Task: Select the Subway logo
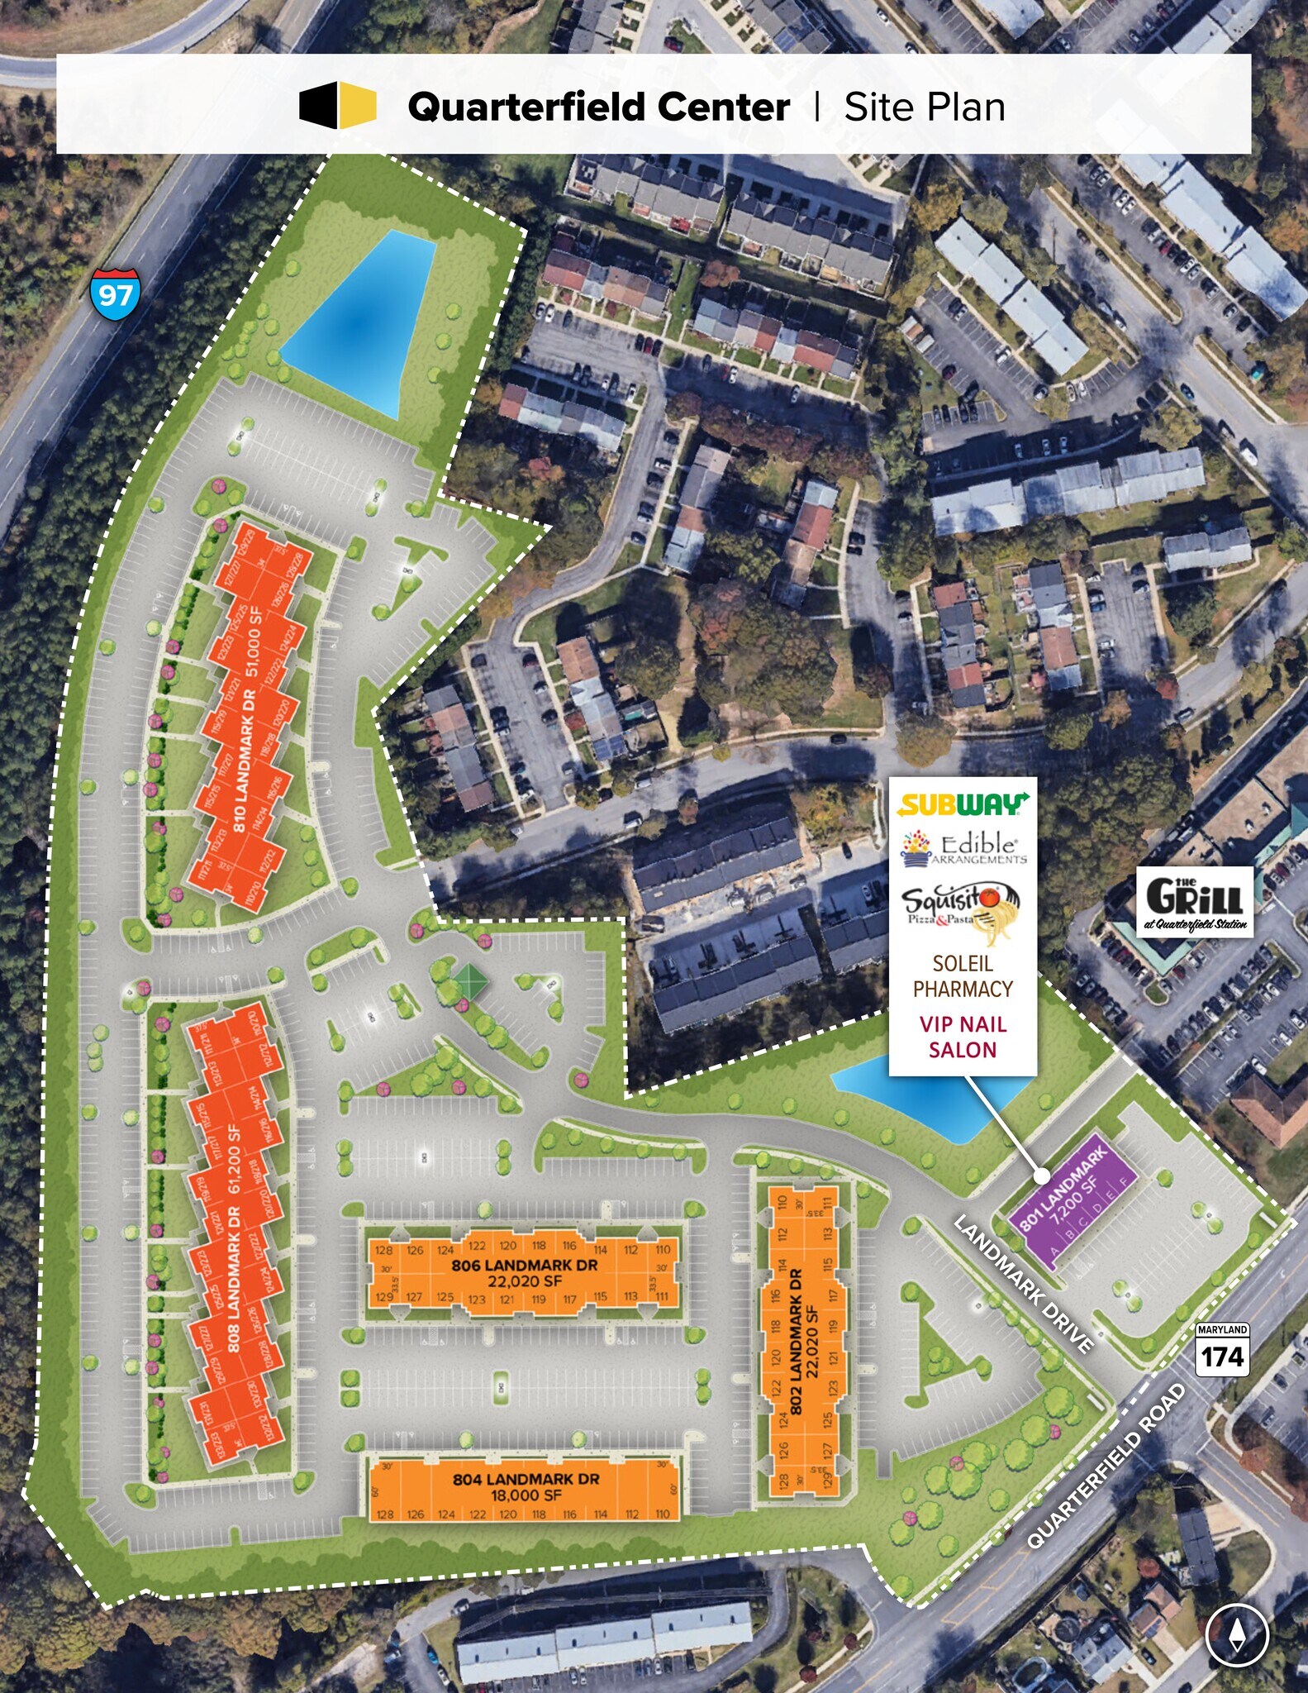coord(963,804)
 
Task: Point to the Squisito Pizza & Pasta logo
coord(962,912)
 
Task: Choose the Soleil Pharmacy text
coord(963,976)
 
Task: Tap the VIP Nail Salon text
coord(963,1037)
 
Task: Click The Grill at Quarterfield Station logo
coord(1195,902)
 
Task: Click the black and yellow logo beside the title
coord(338,106)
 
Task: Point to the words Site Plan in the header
coord(924,107)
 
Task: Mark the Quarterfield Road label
coord(1106,1466)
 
